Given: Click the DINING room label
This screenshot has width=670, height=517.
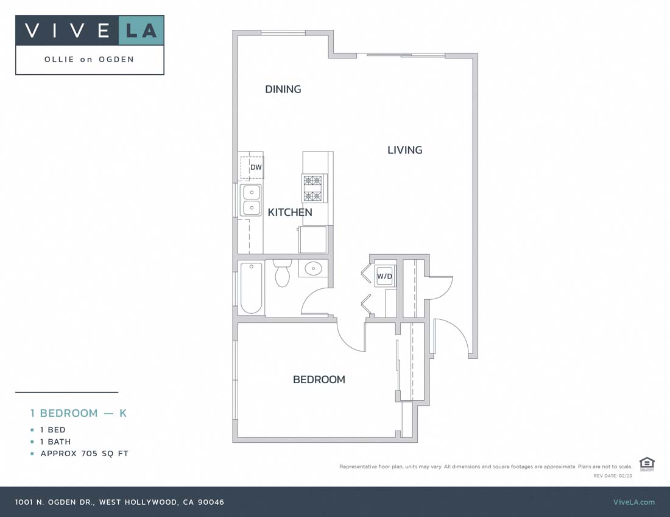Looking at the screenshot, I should [283, 89].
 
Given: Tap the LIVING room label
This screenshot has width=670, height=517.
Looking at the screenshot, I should [404, 150].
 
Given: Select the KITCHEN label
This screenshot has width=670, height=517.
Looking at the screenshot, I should [290, 212].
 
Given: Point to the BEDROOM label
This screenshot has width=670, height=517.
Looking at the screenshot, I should [319, 380].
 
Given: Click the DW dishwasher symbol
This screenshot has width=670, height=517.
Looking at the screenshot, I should [255, 167].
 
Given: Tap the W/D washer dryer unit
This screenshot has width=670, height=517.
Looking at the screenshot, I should [384, 277].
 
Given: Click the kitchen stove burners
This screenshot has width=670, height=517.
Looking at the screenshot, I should [313, 188].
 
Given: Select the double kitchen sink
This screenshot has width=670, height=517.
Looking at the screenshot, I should [251, 200].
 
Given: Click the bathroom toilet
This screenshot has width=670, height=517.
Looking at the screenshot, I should [282, 274].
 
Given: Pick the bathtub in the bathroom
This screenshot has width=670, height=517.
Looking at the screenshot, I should [251, 287].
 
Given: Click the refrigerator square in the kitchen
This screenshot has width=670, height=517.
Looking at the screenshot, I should [313, 239].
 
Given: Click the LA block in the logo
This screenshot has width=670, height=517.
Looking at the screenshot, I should [141, 30].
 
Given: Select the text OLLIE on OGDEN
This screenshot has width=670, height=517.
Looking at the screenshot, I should [90, 60].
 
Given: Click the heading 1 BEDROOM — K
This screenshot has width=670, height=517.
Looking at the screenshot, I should [79, 413].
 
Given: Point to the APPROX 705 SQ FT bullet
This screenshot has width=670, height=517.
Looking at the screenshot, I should [84, 454].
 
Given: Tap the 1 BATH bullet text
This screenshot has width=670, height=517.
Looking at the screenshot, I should [55, 442].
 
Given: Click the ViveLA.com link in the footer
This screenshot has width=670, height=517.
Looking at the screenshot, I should [633, 502].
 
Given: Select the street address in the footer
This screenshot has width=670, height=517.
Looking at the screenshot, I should [119, 502].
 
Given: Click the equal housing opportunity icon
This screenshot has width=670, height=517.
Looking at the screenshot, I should [647, 463].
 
